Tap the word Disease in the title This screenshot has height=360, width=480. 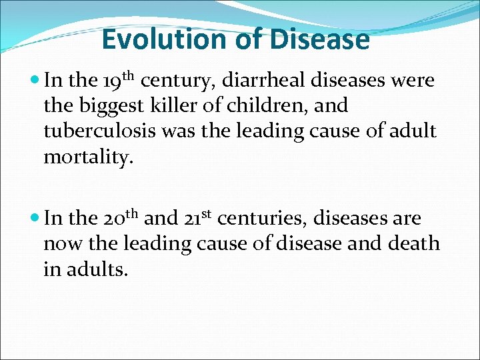pos(319,40)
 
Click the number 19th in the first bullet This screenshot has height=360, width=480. pos(119,81)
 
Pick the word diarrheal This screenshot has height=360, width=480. pos(256,81)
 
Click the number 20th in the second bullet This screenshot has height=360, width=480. pos(121,219)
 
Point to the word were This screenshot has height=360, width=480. pos(413,81)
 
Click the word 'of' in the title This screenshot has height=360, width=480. pos(249,40)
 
